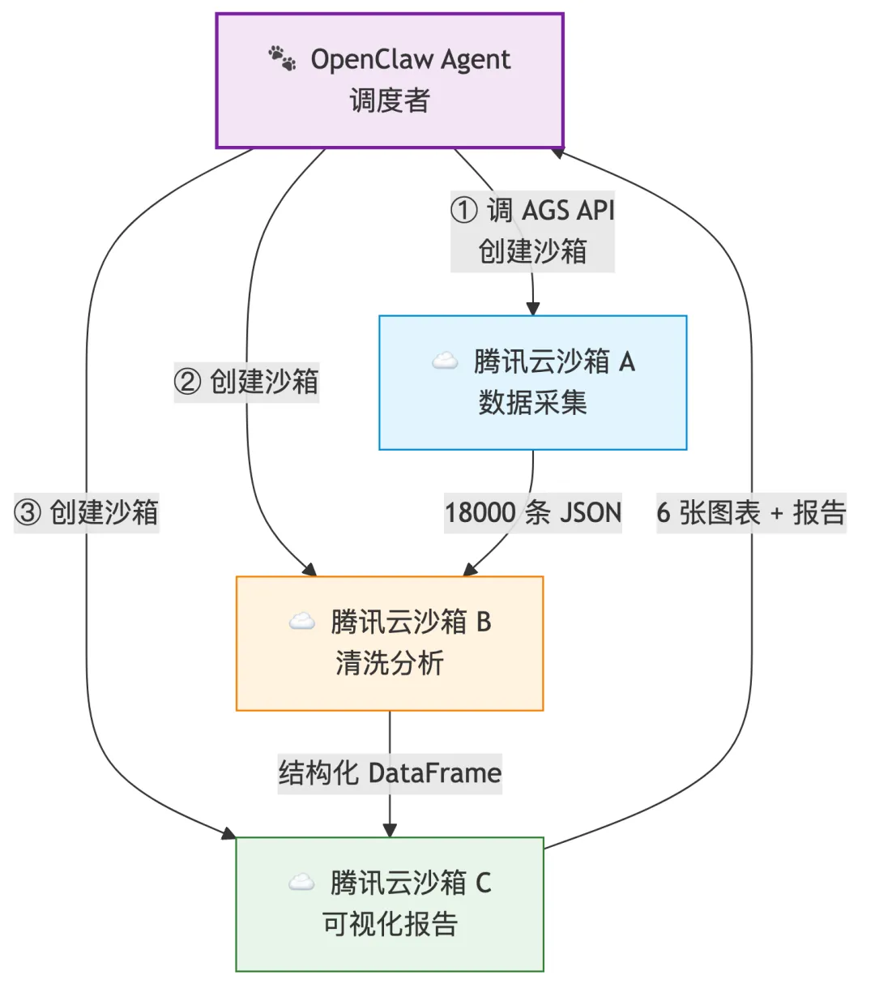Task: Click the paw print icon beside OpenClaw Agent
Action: click(282, 58)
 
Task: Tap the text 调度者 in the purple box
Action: click(390, 101)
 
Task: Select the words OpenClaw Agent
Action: click(410, 59)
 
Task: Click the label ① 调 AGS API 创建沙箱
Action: click(532, 231)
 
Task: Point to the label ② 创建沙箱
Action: click(246, 382)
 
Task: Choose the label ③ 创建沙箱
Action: click(87, 512)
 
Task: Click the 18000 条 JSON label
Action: click(532, 512)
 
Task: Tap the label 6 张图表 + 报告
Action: click(751, 512)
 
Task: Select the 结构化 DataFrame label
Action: click(390, 772)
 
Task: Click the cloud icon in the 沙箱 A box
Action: click(444, 361)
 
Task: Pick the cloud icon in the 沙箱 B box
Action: click(301, 622)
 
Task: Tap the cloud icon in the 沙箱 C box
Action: click(301, 882)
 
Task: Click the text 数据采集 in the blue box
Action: click(532, 402)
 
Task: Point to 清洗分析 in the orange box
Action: click(390, 663)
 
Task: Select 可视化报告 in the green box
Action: click(390, 923)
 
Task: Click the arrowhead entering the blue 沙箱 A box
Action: click(532, 309)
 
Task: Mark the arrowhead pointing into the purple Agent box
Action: click(557, 152)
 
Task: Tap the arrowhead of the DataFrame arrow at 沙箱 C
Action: click(390, 830)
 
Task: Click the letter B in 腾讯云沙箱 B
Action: click(484, 622)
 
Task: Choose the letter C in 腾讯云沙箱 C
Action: click(483, 882)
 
